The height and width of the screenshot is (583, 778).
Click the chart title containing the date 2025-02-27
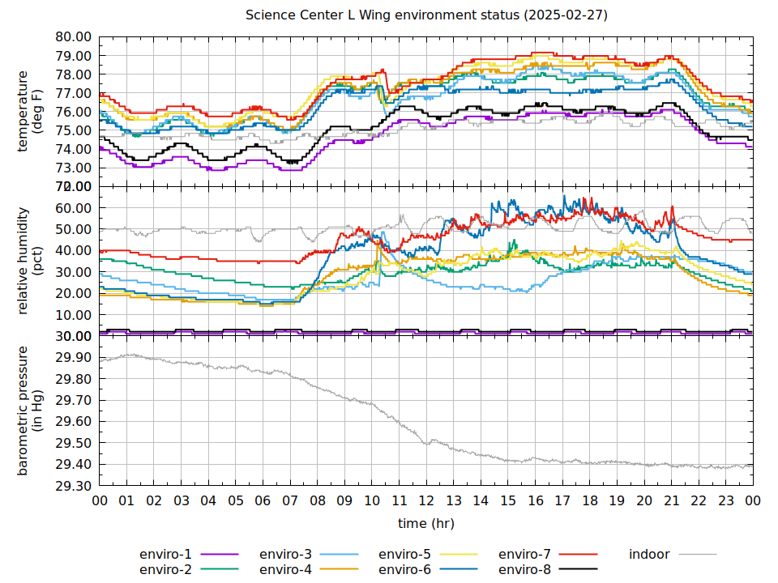(426, 15)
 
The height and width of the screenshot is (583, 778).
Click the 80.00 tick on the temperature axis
(74, 37)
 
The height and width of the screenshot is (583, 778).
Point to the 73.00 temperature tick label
(74, 168)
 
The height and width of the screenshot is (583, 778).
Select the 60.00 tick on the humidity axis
(74, 208)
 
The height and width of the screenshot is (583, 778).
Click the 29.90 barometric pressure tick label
(74, 358)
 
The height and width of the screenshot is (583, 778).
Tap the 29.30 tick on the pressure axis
(74, 486)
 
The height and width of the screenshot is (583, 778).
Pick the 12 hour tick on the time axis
(426, 501)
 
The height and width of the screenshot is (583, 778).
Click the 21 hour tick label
(671, 501)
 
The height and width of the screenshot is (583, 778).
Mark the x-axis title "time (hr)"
(426, 524)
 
